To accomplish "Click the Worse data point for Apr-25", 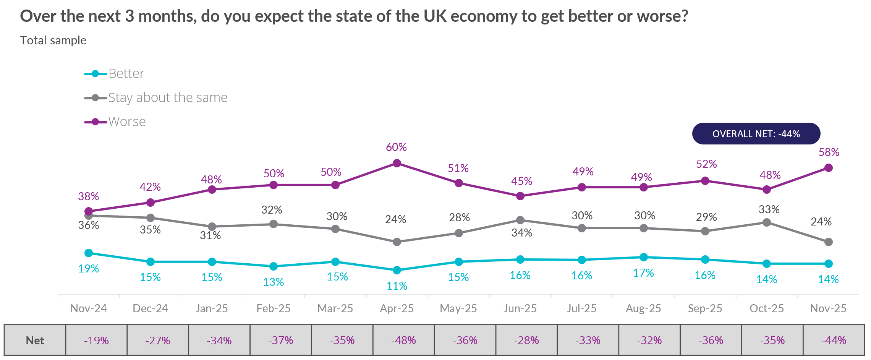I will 397,163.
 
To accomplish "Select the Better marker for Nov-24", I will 89,253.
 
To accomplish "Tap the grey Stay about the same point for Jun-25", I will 520,220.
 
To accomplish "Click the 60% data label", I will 396,147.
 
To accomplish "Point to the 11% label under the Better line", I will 397,286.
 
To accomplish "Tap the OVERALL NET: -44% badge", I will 756,134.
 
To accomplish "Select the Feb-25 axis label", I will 274,308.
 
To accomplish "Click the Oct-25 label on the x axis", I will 767,308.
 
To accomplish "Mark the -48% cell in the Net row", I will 403,340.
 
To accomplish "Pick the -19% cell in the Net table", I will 96,340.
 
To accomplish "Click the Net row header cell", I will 35,340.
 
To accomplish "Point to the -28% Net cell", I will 526,340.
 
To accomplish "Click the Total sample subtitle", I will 53,40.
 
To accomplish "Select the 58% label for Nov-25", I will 829,152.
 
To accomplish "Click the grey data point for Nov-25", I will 829,242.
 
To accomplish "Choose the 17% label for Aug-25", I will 643,273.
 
